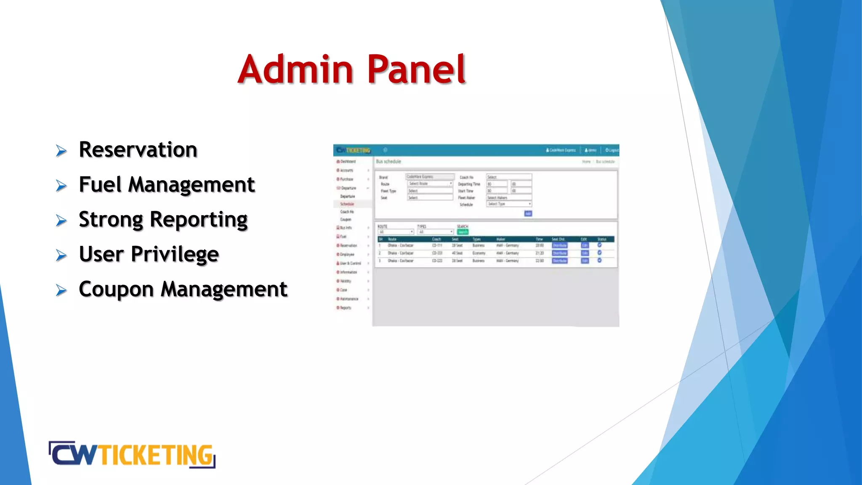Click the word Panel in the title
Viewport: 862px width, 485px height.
(416, 69)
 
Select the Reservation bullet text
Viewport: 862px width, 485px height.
(138, 150)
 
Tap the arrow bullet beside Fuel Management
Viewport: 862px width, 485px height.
(61, 186)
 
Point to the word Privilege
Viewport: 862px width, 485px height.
(175, 255)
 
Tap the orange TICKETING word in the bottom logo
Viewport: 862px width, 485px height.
(156, 455)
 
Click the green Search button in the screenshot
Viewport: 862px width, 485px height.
(463, 232)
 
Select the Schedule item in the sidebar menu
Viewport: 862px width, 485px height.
(347, 204)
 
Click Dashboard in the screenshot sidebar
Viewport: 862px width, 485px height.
(348, 162)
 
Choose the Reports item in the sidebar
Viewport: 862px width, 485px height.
(346, 308)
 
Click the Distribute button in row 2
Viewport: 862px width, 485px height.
(559, 253)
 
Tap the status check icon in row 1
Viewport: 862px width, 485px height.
(599, 245)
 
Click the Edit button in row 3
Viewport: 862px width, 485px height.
(585, 261)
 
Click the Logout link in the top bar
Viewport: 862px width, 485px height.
(612, 150)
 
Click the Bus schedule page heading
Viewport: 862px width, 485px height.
(388, 162)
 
